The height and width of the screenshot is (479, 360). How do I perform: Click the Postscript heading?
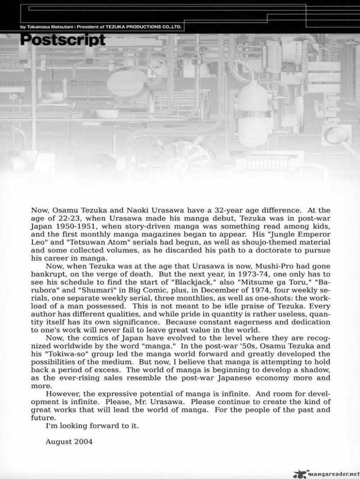(x=63, y=40)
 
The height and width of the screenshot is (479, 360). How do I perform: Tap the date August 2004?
(x=69, y=441)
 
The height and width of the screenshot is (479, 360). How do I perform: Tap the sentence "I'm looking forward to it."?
(x=92, y=426)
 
